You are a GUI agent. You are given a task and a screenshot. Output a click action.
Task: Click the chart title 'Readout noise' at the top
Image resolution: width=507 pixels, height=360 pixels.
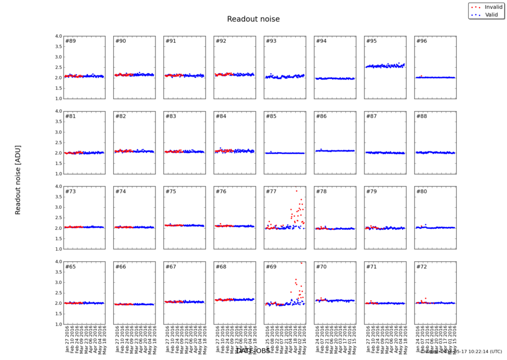253,19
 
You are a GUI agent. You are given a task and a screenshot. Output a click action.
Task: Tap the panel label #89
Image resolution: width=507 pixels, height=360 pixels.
71,41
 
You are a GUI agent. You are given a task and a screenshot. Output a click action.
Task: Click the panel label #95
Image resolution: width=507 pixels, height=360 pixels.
371,41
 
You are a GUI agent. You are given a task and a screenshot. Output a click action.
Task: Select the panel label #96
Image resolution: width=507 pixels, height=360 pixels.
421,41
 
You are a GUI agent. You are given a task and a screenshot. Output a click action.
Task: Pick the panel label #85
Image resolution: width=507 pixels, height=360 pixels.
271,117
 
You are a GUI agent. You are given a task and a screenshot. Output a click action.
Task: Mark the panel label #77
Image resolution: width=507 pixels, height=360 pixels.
271,192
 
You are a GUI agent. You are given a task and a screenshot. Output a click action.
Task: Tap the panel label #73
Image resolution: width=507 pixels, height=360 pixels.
71,192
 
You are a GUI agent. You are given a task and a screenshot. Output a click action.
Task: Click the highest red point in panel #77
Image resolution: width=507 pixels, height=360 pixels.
296,191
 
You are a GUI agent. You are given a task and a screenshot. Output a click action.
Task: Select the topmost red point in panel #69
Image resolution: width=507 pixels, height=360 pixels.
301,263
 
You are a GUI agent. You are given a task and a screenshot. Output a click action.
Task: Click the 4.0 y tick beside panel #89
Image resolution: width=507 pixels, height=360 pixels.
58,36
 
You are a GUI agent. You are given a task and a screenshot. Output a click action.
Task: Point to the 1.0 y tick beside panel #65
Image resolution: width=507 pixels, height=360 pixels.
58,324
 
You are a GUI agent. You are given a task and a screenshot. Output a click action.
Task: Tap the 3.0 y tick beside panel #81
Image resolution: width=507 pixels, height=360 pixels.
58,132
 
